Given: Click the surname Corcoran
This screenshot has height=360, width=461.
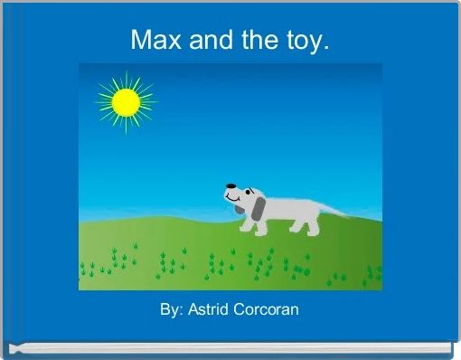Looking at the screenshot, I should point(266,309).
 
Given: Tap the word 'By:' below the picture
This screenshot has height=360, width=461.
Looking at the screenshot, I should point(172,309).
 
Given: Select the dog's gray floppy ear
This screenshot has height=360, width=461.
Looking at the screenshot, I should point(259,211).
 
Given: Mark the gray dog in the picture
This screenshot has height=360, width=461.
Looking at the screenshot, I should point(280,210).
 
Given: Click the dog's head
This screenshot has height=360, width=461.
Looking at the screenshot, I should point(244,195).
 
